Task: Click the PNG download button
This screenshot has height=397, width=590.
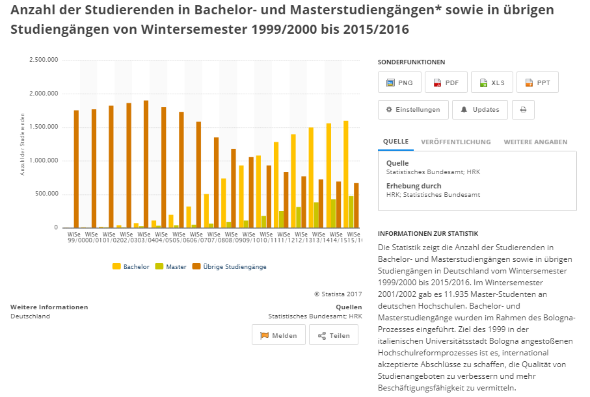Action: [x=399, y=83]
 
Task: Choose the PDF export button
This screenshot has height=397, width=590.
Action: [x=446, y=83]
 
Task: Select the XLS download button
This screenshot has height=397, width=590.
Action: [x=492, y=83]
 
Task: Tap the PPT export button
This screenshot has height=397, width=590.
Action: [x=537, y=83]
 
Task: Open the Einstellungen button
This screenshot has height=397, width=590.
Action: [x=413, y=110]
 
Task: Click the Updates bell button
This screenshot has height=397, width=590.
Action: [x=480, y=110]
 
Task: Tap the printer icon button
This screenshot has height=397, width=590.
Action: [x=523, y=110]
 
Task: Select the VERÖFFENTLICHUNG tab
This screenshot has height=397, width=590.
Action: [x=456, y=142]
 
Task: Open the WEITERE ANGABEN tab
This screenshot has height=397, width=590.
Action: [x=535, y=142]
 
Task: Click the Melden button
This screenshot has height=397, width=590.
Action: [x=278, y=335]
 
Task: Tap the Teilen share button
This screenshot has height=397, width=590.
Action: [x=334, y=335]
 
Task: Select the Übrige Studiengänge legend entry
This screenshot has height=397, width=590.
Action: [x=230, y=266]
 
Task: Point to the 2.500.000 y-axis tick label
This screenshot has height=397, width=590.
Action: [x=44, y=60]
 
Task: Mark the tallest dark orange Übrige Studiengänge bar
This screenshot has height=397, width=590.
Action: [x=146, y=164]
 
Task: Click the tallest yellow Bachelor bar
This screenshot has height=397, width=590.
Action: [x=345, y=174]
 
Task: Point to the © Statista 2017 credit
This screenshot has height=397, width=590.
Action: [x=338, y=294]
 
